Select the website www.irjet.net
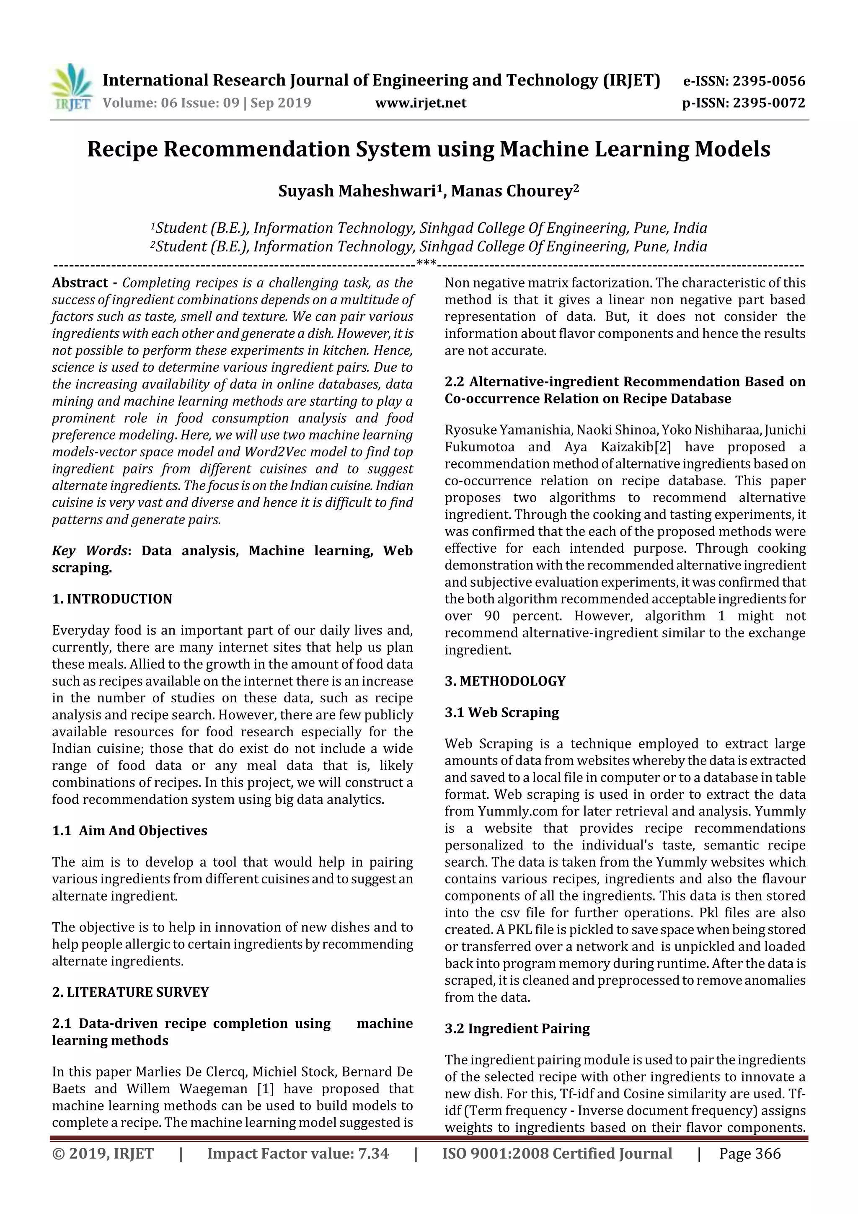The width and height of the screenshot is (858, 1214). pos(421,103)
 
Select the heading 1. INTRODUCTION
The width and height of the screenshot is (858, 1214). pos(112,599)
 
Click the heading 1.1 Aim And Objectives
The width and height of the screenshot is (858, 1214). pos(129,831)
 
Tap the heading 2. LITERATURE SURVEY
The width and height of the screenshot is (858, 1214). pos(131,992)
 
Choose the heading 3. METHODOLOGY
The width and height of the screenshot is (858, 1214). pos(505,681)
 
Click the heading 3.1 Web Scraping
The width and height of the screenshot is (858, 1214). pos(502,712)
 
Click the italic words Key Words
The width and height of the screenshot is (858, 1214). pos(90,551)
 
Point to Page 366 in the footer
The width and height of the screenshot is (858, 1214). pos(749,1154)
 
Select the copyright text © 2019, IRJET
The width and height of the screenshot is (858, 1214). pos(103,1154)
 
